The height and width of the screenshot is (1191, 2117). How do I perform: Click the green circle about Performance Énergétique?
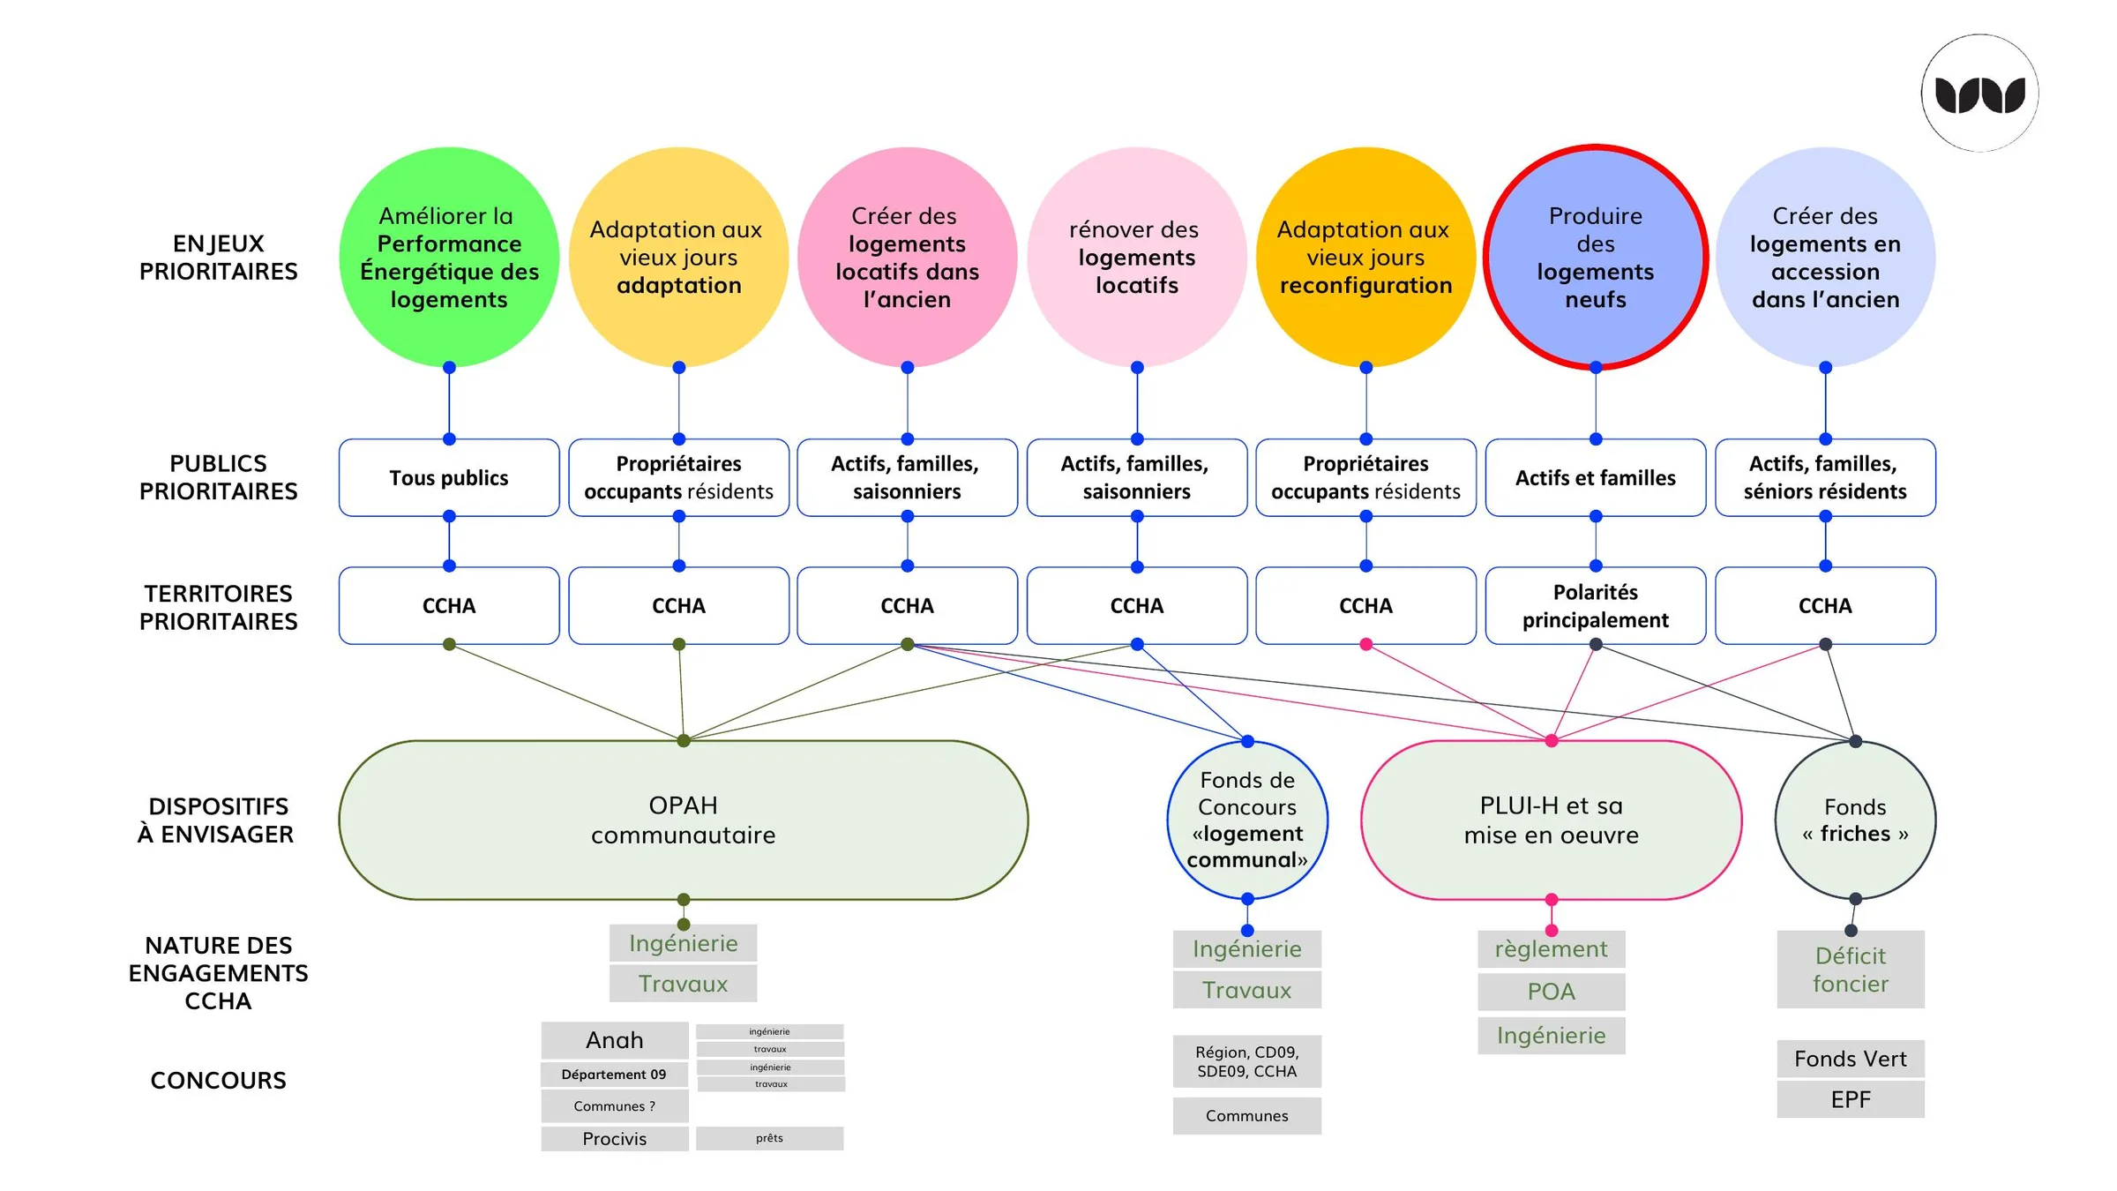[x=449, y=257]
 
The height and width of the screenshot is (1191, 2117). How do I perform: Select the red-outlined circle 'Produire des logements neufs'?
[x=1596, y=257]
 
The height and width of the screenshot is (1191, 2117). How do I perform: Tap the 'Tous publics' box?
[x=449, y=477]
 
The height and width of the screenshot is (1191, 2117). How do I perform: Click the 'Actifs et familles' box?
[x=1596, y=477]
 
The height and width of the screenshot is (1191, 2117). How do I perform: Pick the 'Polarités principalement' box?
[x=1596, y=606]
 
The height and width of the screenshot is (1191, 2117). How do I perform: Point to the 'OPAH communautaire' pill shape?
[x=684, y=820]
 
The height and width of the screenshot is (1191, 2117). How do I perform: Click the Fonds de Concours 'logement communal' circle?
[x=1247, y=820]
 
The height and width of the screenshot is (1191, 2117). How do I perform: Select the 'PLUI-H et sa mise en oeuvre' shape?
[x=1552, y=820]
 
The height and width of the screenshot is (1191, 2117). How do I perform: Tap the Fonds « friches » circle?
[x=1855, y=820]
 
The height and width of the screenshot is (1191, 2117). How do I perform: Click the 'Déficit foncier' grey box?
[x=1851, y=970]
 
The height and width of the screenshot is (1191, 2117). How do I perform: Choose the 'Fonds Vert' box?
[x=1851, y=1059]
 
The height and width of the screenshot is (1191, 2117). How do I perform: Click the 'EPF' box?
[x=1851, y=1099]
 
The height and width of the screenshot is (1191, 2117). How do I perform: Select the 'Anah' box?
[x=615, y=1040]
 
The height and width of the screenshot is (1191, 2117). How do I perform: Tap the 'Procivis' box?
[x=615, y=1139]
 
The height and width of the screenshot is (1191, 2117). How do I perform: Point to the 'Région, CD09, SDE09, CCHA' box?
[x=1247, y=1061]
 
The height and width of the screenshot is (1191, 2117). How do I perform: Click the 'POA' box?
[x=1552, y=992]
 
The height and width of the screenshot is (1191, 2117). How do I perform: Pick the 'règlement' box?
[x=1552, y=949]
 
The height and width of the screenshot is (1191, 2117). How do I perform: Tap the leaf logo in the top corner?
[x=1980, y=94]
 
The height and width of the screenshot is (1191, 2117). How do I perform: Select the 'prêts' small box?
[x=770, y=1138]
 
